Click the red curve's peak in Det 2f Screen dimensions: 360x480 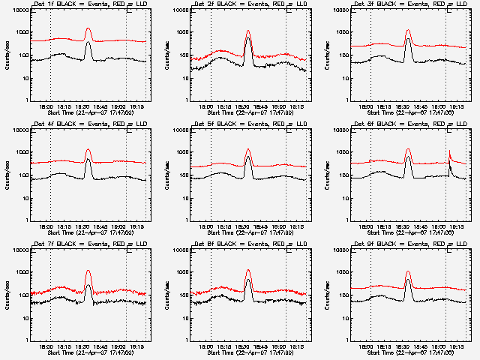pyautogui.click(x=247, y=31)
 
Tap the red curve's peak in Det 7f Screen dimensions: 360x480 pyautogui.click(x=88, y=271)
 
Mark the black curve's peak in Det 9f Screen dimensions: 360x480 pyautogui.click(x=407, y=280)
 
